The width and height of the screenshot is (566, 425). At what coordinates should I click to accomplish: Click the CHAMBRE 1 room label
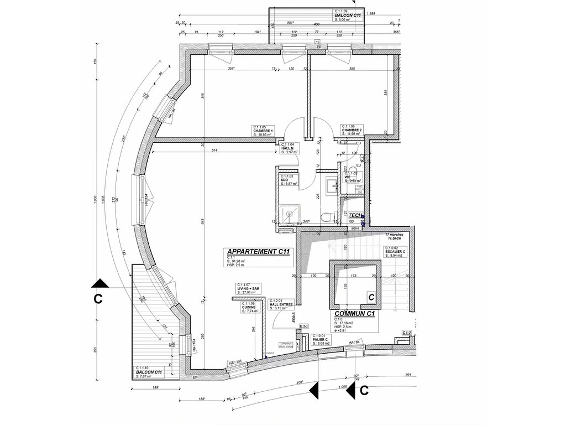(263, 131)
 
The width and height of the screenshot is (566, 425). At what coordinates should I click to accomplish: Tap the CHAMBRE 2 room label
(352, 131)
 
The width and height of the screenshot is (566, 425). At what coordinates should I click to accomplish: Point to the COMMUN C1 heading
(355, 313)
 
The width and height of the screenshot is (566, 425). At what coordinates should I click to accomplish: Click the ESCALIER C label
(395, 252)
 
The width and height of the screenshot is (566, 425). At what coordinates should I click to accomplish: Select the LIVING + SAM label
(248, 288)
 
